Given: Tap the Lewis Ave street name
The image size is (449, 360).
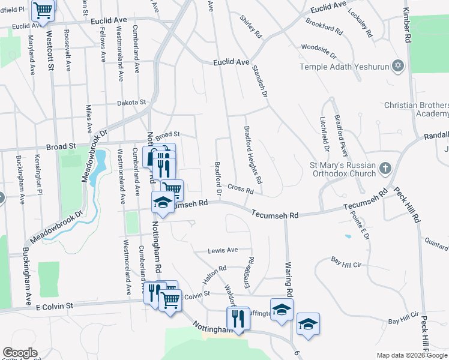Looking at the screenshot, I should click(223, 250).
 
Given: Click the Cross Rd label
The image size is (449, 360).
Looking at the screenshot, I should click(241, 190).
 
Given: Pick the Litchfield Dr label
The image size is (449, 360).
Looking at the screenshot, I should click(325, 133).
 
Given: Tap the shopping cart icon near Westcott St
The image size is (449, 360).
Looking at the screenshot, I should click(42, 11).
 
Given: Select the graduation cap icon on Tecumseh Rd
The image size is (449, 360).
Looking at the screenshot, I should click(162, 203).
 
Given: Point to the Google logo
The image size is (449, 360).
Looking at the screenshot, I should click(20, 353).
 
